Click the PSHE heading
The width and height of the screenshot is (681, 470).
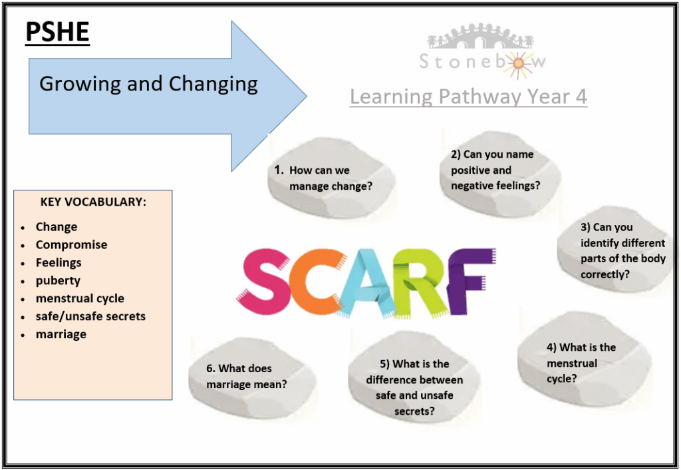(x=57, y=32)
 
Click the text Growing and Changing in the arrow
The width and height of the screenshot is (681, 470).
(x=148, y=84)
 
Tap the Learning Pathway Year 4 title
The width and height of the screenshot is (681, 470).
(x=468, y=97)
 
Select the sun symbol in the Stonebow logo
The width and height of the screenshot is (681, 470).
(x=517, y=64)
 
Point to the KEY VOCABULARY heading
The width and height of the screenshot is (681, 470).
(x=93, y=202)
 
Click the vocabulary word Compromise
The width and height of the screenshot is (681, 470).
(x=71, y=245)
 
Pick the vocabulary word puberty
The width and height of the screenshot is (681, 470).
(x=58, y=281)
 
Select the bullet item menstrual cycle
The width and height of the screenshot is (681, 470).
(x=80, y=298)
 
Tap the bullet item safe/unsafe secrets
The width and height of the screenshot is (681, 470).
(x=90, y=316)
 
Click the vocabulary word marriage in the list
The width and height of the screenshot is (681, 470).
(x=61, y=334)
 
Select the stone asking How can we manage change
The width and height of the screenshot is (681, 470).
(x=331, y=178)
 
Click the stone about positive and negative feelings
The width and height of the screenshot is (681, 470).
(x=499, y=171)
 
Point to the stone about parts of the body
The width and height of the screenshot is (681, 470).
(x=616, y=250)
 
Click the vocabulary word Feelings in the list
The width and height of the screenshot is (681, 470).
(x=59, y=262)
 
